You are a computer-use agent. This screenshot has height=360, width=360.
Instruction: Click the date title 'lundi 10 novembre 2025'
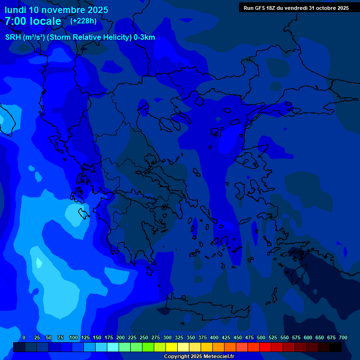[x=56, y=10]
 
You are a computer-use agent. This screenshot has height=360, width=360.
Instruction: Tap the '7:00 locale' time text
[x=33, y=21]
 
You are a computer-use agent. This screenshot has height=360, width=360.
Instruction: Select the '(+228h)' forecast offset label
[x=83, y=21]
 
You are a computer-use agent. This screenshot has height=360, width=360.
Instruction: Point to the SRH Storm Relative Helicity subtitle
[x=80, y=37]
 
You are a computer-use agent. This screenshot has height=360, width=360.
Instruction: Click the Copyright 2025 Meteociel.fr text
[x=199, y=356]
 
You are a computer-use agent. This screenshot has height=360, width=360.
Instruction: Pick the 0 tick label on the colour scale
[x=24, y=337]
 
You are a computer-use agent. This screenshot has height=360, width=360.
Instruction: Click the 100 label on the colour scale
[x=74, y=337]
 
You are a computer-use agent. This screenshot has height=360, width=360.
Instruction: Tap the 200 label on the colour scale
[x=120, y=337]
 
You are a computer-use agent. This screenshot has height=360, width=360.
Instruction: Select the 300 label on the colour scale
[x=167, y=337]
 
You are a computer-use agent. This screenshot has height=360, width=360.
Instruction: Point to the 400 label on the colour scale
[x=214, y=337]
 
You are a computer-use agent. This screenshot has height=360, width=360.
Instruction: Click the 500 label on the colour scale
[x=261, y=337]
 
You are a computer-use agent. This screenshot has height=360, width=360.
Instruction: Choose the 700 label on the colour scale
[x=343, y=337]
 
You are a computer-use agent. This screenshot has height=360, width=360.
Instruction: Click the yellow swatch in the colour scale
[x=172, y=347]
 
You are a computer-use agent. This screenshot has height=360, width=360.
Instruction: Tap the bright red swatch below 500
[x=265, y=347]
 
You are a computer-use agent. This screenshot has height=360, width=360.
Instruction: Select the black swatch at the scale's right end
[x=336, y=347]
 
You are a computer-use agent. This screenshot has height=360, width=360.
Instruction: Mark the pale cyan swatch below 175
[x=113, y=347]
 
